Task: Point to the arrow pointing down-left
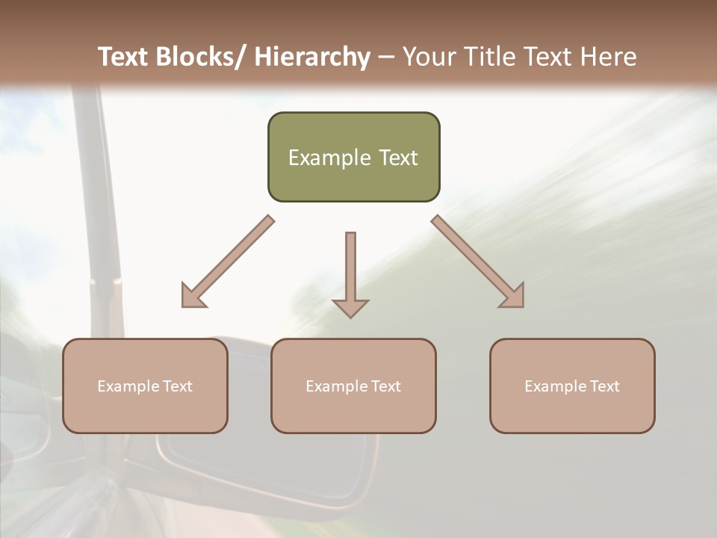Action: (228, 262)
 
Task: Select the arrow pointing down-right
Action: (478, 262)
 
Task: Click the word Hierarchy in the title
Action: (312, 57)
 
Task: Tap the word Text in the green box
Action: (397, 158)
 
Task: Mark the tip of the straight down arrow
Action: (350, 316)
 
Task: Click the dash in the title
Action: (386, 57)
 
